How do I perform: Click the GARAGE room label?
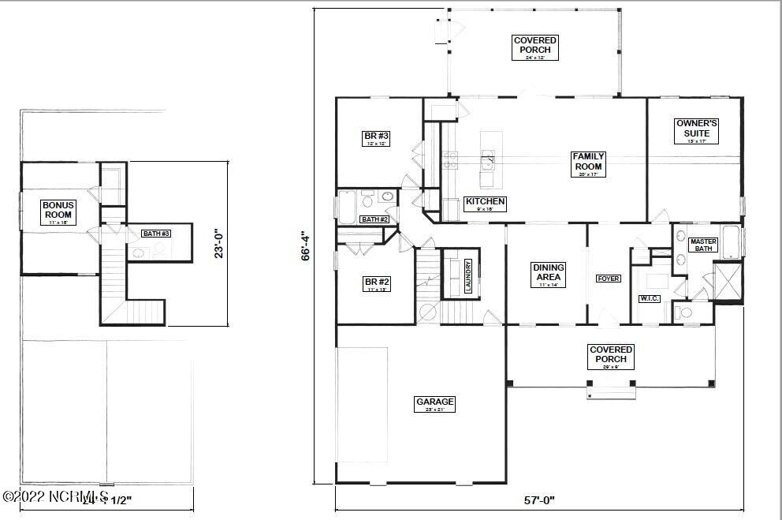[x=435, y=405]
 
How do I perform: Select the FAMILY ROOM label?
[x=588, y=162]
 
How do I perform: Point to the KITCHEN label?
[x=484, y=202]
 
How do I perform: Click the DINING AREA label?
[x=548, y=272]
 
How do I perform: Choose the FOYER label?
[x=608, y=279]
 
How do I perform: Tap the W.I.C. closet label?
[x=649, y=299]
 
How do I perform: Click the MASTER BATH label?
[x=702, y=245]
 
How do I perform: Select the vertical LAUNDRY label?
[x=467, y=276]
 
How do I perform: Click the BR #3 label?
[x=377, y=138]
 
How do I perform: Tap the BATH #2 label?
[x=374, y=219]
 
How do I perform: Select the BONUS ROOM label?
[x=58, y=210]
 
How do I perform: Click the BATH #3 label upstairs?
[x=155, y=234]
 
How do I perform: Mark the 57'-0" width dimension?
[x=539, y=499]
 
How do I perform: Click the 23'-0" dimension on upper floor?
[x=220, y=243]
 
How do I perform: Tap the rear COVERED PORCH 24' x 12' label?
[x=534, y=46]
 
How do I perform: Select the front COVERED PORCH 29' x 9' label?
[x=610, y=354]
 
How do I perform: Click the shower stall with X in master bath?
[x=727, y=281]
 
